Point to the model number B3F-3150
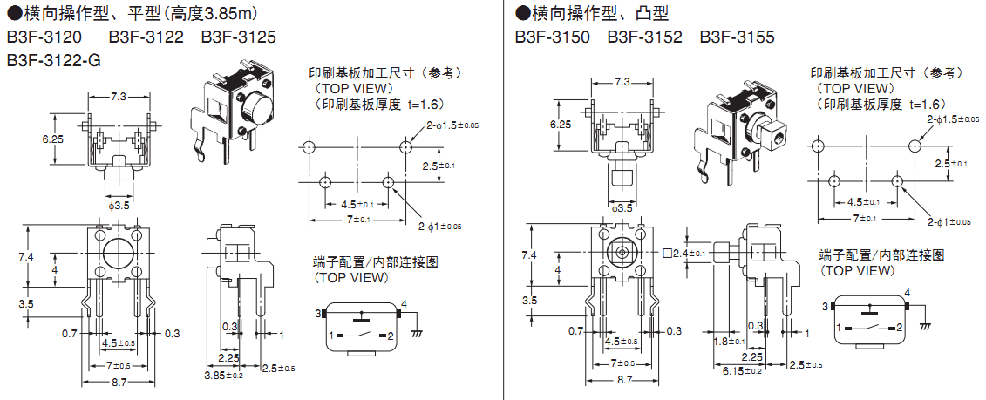pyautogui.click(x=552, y=37)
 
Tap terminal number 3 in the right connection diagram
pyautogui.click(x=824, y=306)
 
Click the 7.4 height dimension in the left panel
pyautogui.click(x=24, y=256)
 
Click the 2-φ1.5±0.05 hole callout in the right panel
pyautogui.click(x=953, y=118)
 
